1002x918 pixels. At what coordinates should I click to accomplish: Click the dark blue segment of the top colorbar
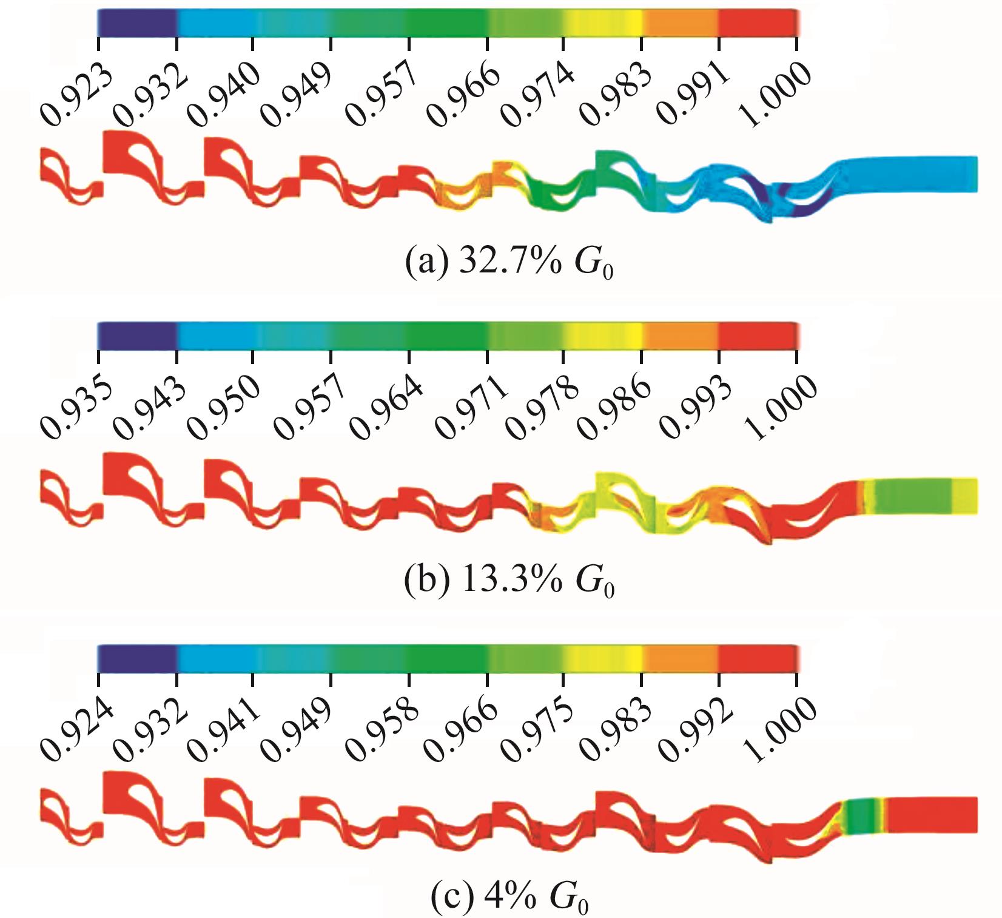click(x=137, y=23)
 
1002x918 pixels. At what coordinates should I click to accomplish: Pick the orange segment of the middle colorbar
click(x=681, y=336)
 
